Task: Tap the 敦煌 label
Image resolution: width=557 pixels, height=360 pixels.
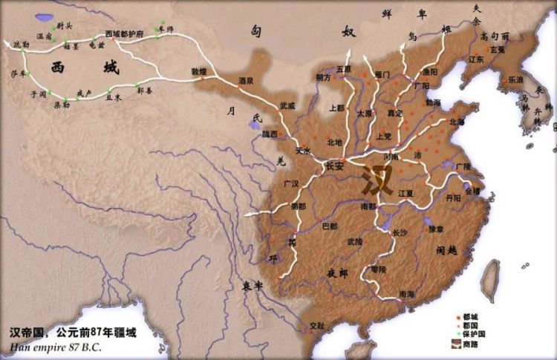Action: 199,72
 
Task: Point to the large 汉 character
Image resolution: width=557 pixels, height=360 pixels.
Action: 378,180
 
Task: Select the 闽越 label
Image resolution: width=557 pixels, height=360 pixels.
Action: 446,250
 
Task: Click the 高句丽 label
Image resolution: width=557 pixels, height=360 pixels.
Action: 495,35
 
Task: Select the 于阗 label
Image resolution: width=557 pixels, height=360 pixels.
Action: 38,95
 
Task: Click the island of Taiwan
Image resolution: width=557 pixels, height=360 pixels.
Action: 491,281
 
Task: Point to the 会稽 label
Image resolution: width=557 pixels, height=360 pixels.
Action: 472,191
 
